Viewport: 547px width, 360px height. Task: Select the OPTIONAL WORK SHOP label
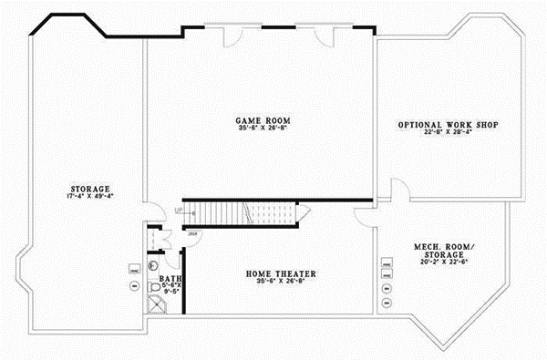coord(447,124)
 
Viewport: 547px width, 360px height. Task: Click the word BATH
coord(170,279)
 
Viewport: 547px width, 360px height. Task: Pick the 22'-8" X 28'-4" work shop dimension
coord(447,133)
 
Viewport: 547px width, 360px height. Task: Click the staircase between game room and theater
coord(246,214)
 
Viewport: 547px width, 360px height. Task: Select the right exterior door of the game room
coord(324,35)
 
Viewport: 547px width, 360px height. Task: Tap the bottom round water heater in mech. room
coord(387,302)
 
